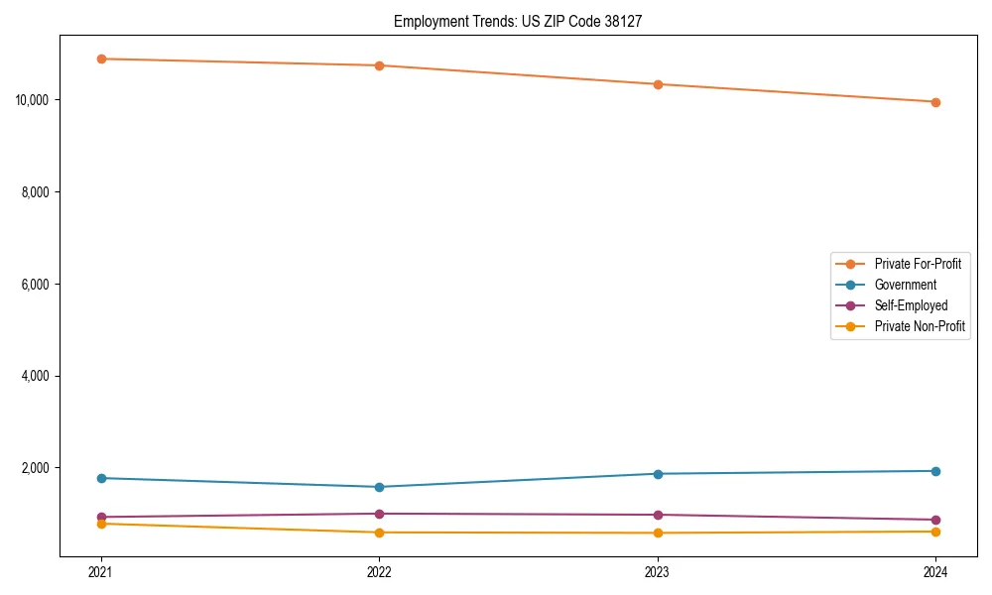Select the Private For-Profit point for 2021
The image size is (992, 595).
pos(101,59)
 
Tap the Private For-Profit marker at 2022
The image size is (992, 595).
pos(379,65)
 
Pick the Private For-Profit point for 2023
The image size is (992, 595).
pos(658,84)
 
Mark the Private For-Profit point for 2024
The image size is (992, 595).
pos(935,102)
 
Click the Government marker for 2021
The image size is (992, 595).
pos(101,478)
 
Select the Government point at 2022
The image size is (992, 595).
pos(379,487)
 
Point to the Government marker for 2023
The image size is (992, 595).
pos(658,473)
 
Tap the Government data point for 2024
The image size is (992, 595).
pos(935,471)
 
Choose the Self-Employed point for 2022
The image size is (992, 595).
pos(379,514)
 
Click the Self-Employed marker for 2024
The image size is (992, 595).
pos(935,520)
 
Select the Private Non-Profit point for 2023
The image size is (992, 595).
pos(658,533)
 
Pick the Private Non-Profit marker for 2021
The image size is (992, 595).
pos(101,524)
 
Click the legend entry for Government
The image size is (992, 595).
pos(905,285)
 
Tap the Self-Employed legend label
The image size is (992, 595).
pos(911,305)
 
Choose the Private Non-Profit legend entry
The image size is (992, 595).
pos(920,326)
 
